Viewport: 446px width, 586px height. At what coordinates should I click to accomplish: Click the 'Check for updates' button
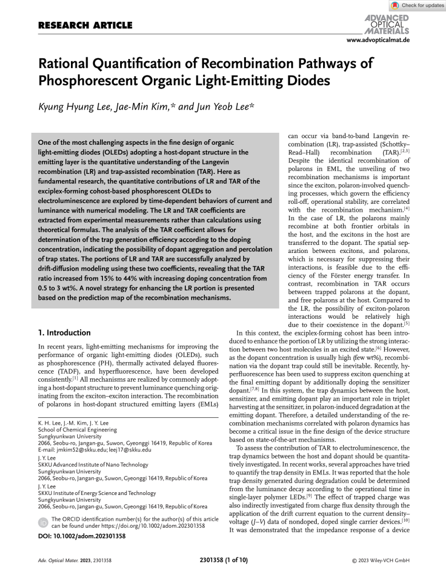[x=417, y=5]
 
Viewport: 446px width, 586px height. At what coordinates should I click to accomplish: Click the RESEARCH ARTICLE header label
[x=85, y=26]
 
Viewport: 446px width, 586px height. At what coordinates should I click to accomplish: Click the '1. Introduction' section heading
[x=64, y=332]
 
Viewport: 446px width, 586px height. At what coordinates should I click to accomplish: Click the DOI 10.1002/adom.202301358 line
[x=82, y=536]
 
